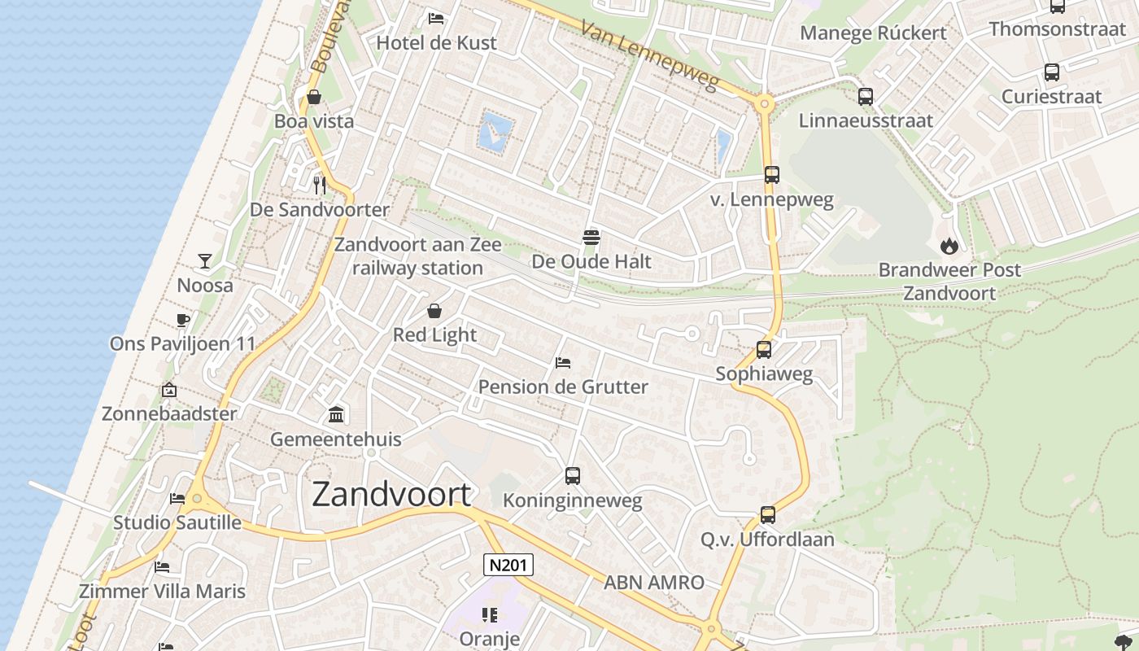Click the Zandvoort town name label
click(391, 494)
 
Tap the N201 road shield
click(508, 565)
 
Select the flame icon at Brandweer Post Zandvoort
click(949, 246)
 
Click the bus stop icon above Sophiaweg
click(764, 350)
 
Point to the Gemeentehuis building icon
click(336, 415)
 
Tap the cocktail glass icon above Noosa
click(205, 261)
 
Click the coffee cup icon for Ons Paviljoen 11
click(182, 320)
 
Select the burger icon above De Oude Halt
click(591, 238)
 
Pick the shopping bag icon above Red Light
click(434, 311)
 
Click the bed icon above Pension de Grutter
click(562, 362)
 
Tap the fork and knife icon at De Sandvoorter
click(320, 186)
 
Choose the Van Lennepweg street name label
click(650, 55)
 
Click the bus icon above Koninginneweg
click(573, 476)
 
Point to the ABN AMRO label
click(654, 583)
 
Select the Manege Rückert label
click(873, 33)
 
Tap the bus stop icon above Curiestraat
click(1052, 72)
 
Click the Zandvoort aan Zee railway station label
click(418, 256)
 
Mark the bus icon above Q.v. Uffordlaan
click(768, 515)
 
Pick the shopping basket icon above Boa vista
click(314, 98)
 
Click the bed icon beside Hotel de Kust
click(436, 18)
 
